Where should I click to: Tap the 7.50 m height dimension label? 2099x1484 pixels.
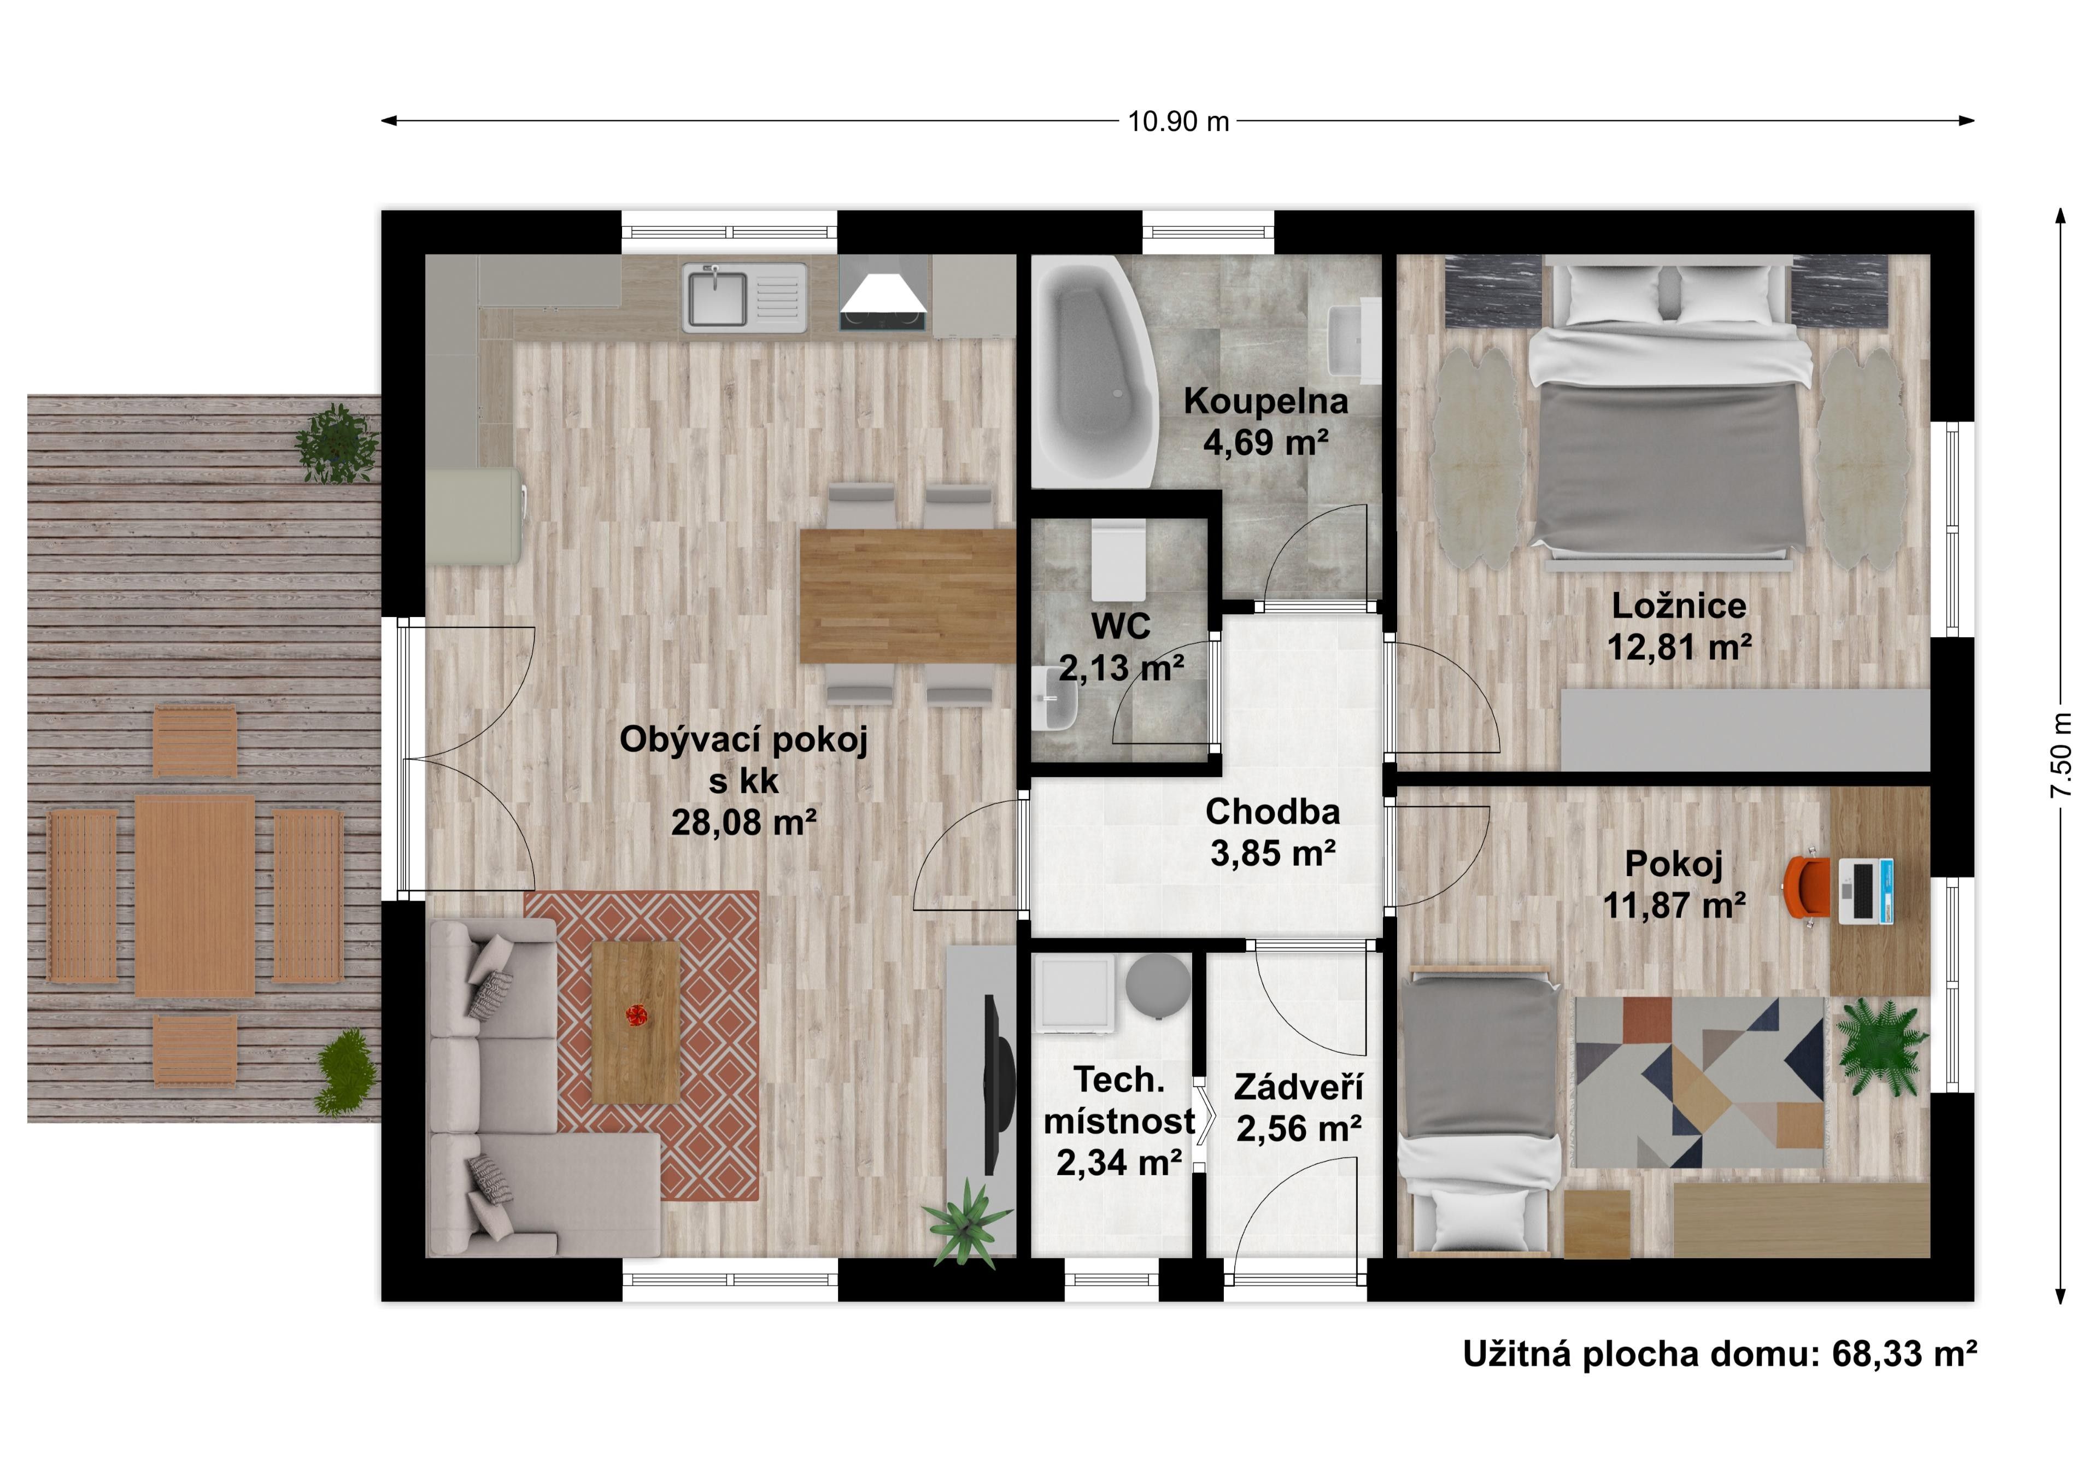pos(2061,755)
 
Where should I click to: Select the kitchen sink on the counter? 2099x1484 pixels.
pos(718,297)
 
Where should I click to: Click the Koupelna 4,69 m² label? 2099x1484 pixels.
pos(1265,421)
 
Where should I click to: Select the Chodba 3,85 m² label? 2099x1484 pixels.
pos(1273,832)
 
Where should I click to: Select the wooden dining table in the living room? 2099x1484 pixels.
pos(907,595)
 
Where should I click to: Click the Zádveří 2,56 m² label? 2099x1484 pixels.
pos(1298,1108)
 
